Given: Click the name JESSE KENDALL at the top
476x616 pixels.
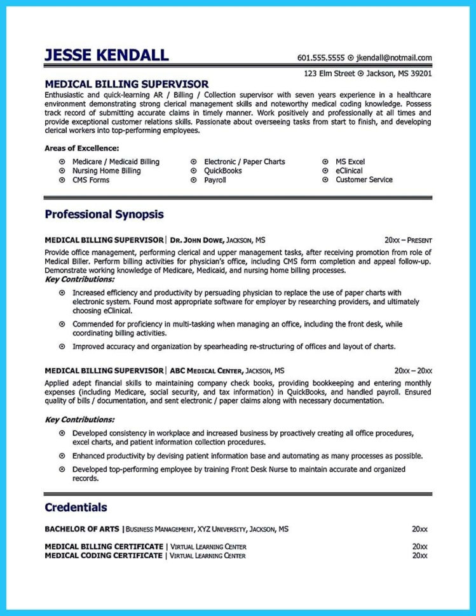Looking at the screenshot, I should click(x=106, y=55).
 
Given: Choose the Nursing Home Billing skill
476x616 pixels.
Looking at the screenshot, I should click(x=106, y=171).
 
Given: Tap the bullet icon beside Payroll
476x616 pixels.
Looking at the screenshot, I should click(x=193, y=180).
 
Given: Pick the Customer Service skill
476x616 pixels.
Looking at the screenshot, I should click(x=364, y=180).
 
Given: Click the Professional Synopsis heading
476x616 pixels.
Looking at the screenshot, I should click(x=104, y=215).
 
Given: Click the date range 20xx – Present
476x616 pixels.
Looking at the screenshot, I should click(x=408, y=241).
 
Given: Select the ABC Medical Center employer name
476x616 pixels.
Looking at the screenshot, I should click(x=206, y=370).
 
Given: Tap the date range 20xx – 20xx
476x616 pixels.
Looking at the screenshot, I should click(x=413, y=370).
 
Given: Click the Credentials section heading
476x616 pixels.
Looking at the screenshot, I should click(x=76, y=507).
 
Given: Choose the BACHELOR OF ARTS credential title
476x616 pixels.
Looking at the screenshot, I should click(x=83, y=528).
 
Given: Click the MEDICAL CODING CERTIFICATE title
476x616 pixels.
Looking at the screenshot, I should click(x=104, y=556).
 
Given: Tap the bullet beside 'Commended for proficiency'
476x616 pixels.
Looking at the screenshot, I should click(x=62, y=324).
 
